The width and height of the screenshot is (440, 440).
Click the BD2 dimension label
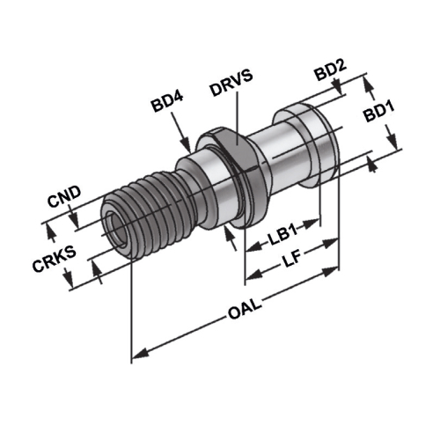[x=330, y=70]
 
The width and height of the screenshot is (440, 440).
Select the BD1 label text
[x=379, y=111]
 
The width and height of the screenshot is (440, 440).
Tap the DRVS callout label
[x=231, y=83]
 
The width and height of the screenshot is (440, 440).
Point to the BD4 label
[x=167, y=101]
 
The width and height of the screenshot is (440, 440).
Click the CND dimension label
[x=64, y=196]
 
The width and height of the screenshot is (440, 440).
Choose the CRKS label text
[x=55, y=259]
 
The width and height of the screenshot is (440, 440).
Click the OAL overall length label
[x=245, y=310]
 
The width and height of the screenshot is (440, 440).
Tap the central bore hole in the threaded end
[x=117, y=226]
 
